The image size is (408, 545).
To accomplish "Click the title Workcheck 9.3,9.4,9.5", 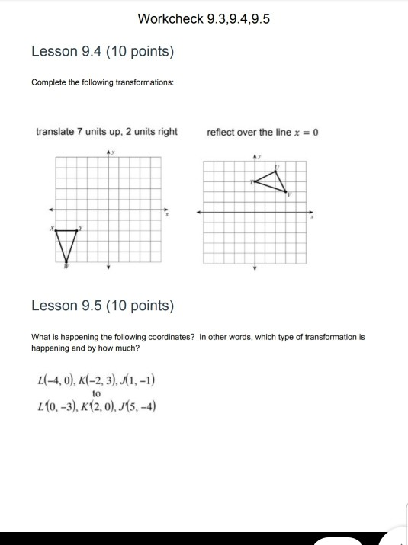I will pyautogui.click(x=204, y=18).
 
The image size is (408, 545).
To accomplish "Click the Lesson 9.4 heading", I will pyautogui.click(x=102, y=52).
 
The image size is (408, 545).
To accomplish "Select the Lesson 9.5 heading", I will pyautogui.click(x=102, y=306).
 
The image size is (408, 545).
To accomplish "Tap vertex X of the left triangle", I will pyautogui.click(x=56, y=229).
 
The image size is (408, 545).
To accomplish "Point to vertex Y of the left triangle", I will pyautogui.click(x=77, y=229).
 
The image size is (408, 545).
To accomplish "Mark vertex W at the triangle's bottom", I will pyautogui.click(x=66, y=261).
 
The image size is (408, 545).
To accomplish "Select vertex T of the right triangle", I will pyautogui.click(x=254, y=181).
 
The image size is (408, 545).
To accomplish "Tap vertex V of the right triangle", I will pyautogui.click(x=286, y=191).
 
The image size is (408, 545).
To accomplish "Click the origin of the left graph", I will pyautogui.click(x=108, y=210).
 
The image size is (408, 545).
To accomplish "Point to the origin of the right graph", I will pyautogui.click(x=255, y=213).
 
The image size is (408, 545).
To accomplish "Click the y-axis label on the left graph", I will pyautogui.click(x=114, y=152).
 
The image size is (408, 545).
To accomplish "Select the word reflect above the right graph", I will pyautogui.click(x=220, y=132).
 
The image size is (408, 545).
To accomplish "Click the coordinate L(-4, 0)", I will pyautogui.click(x=54, y=380).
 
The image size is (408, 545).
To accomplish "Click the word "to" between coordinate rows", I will pyautogui.click(x=96, y=393).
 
